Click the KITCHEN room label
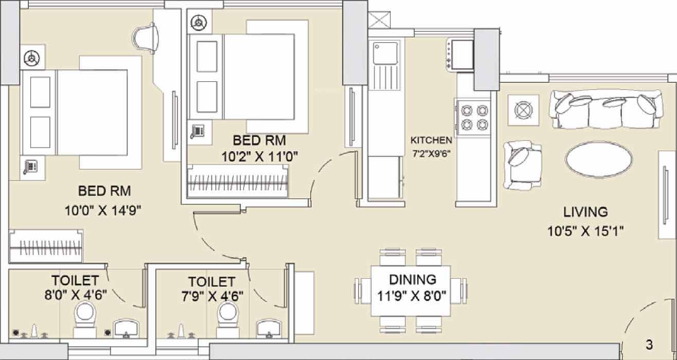[431, 140]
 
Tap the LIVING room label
[585, 212]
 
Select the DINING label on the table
[413, 280]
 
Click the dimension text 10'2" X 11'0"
[260, 157]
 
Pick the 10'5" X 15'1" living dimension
[585, 231]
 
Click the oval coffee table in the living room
[599, 159]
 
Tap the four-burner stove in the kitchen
[474, 117]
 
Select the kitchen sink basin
[385, 53]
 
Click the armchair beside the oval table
[522, 165]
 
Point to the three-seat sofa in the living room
[606, 109]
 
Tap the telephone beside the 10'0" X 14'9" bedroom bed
[30, 167]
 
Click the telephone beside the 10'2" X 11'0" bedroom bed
[198, 132]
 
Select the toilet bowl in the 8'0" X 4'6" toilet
[84, 319]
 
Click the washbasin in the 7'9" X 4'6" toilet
[269, 329]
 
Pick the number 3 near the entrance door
[649, 345]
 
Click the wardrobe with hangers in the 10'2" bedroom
[238, 181]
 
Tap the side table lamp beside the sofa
[524, 110]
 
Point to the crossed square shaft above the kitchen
[379, 20]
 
